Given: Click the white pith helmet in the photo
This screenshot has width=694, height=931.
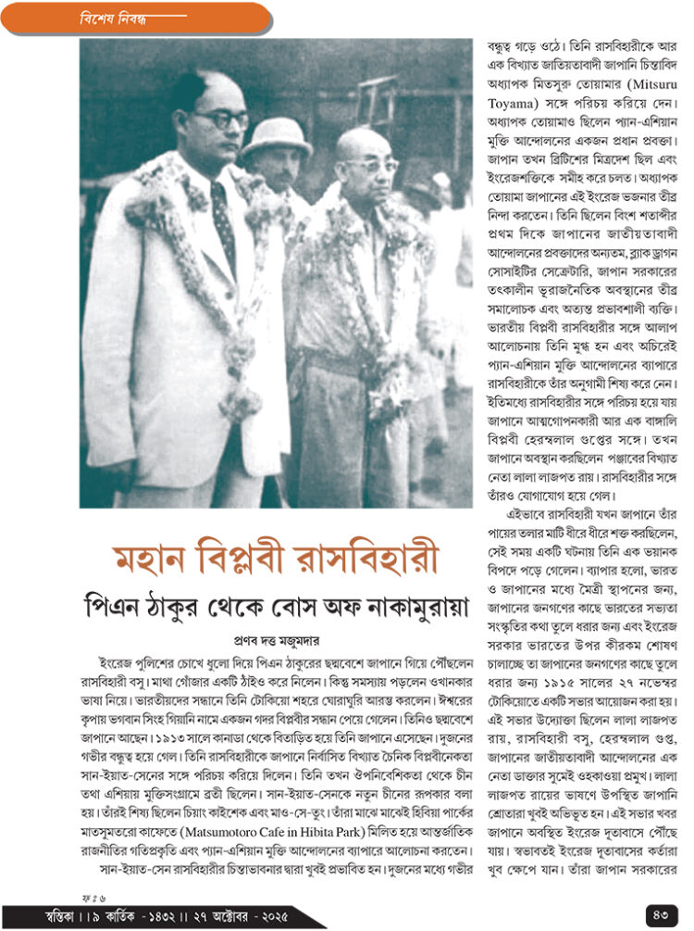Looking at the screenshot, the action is [277, 137].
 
